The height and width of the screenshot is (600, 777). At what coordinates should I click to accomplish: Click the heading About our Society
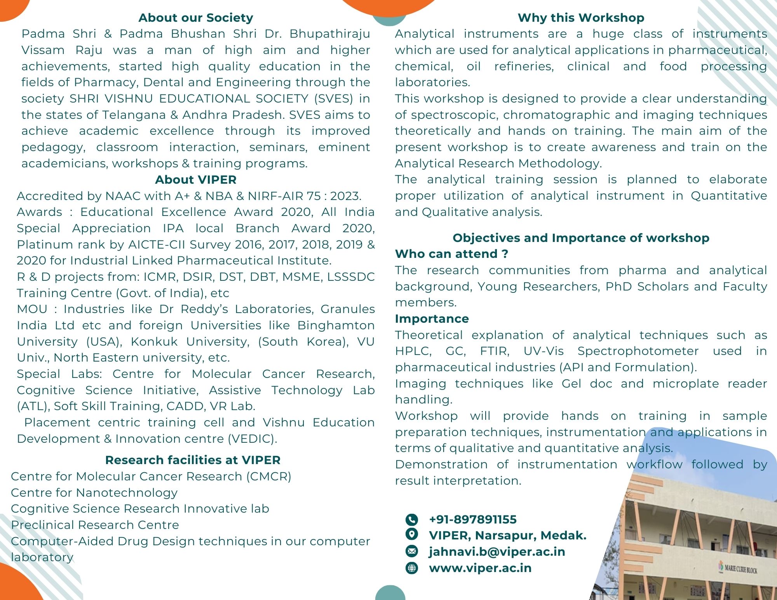pos(196,18)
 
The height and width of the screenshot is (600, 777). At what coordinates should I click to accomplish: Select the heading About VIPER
pos(196,180)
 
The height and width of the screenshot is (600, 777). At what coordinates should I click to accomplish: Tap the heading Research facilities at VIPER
pos(193,460)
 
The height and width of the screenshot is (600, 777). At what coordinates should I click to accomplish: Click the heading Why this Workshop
pos(581,18)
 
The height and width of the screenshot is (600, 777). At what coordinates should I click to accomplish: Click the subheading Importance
pos(432,319)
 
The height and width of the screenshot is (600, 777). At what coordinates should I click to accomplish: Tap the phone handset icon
pos(412,520)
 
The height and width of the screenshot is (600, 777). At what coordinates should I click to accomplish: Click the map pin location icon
pos(412,535)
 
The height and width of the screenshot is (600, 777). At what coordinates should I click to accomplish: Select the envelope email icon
pos(412,551)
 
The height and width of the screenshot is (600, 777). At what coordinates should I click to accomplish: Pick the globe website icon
pos(412,568)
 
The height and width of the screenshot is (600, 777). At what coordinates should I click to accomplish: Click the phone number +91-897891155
pos(473,520)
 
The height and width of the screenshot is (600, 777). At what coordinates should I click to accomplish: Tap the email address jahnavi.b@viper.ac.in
pos(497,552)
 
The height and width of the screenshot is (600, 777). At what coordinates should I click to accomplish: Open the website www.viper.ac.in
pos(480,568)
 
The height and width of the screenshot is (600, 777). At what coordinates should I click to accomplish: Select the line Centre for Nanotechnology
pos(94,493)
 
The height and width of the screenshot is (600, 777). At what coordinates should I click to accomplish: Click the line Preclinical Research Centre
pos(95,525)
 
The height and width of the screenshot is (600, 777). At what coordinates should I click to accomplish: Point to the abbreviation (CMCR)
pos(268,477)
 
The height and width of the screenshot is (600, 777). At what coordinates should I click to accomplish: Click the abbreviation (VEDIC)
pos(253,439)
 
